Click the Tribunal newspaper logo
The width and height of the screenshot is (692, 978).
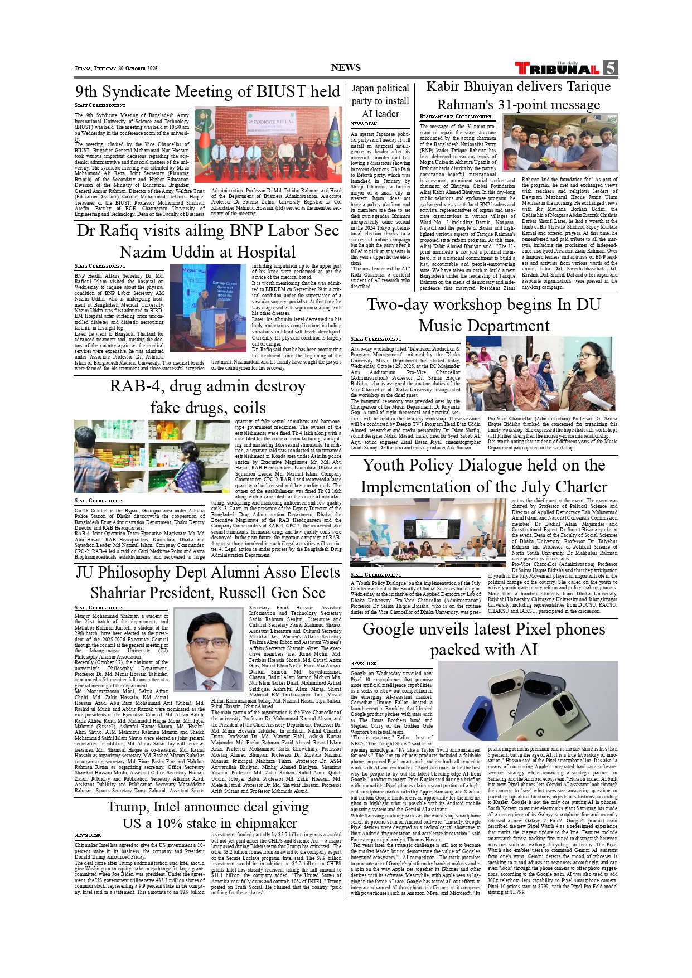tap(557, 69)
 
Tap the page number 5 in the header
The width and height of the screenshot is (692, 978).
tap(611, 68)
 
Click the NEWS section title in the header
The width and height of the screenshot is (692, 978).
tap(346, 67)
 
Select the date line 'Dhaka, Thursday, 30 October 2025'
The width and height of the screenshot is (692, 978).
tap(116, 69)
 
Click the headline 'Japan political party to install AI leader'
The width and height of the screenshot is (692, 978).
tap(380, 101)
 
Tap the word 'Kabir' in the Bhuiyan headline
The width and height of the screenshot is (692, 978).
tap(446, 86)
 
